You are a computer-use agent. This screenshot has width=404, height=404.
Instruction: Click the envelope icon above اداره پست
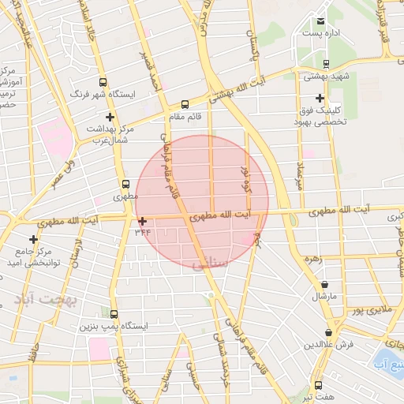(x=320, y=21)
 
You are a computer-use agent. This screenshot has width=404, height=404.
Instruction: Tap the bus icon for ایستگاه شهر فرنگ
(x=103, y=81)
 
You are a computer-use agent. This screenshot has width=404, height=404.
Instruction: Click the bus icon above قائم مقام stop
(x=185, y=104)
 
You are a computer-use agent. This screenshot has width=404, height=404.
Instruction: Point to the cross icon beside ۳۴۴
(x=142, y=221)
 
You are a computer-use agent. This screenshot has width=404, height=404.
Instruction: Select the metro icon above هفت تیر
(x=318, y=386)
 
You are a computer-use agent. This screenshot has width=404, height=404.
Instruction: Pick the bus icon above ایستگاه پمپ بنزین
(x=114, y=313)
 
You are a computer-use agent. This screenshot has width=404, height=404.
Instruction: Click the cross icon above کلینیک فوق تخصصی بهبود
(x=320, y=97)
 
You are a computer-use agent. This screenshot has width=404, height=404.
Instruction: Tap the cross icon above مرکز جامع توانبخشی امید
(x=33, y=238)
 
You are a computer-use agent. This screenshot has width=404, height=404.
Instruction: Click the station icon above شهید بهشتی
(x=326, y=64)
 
